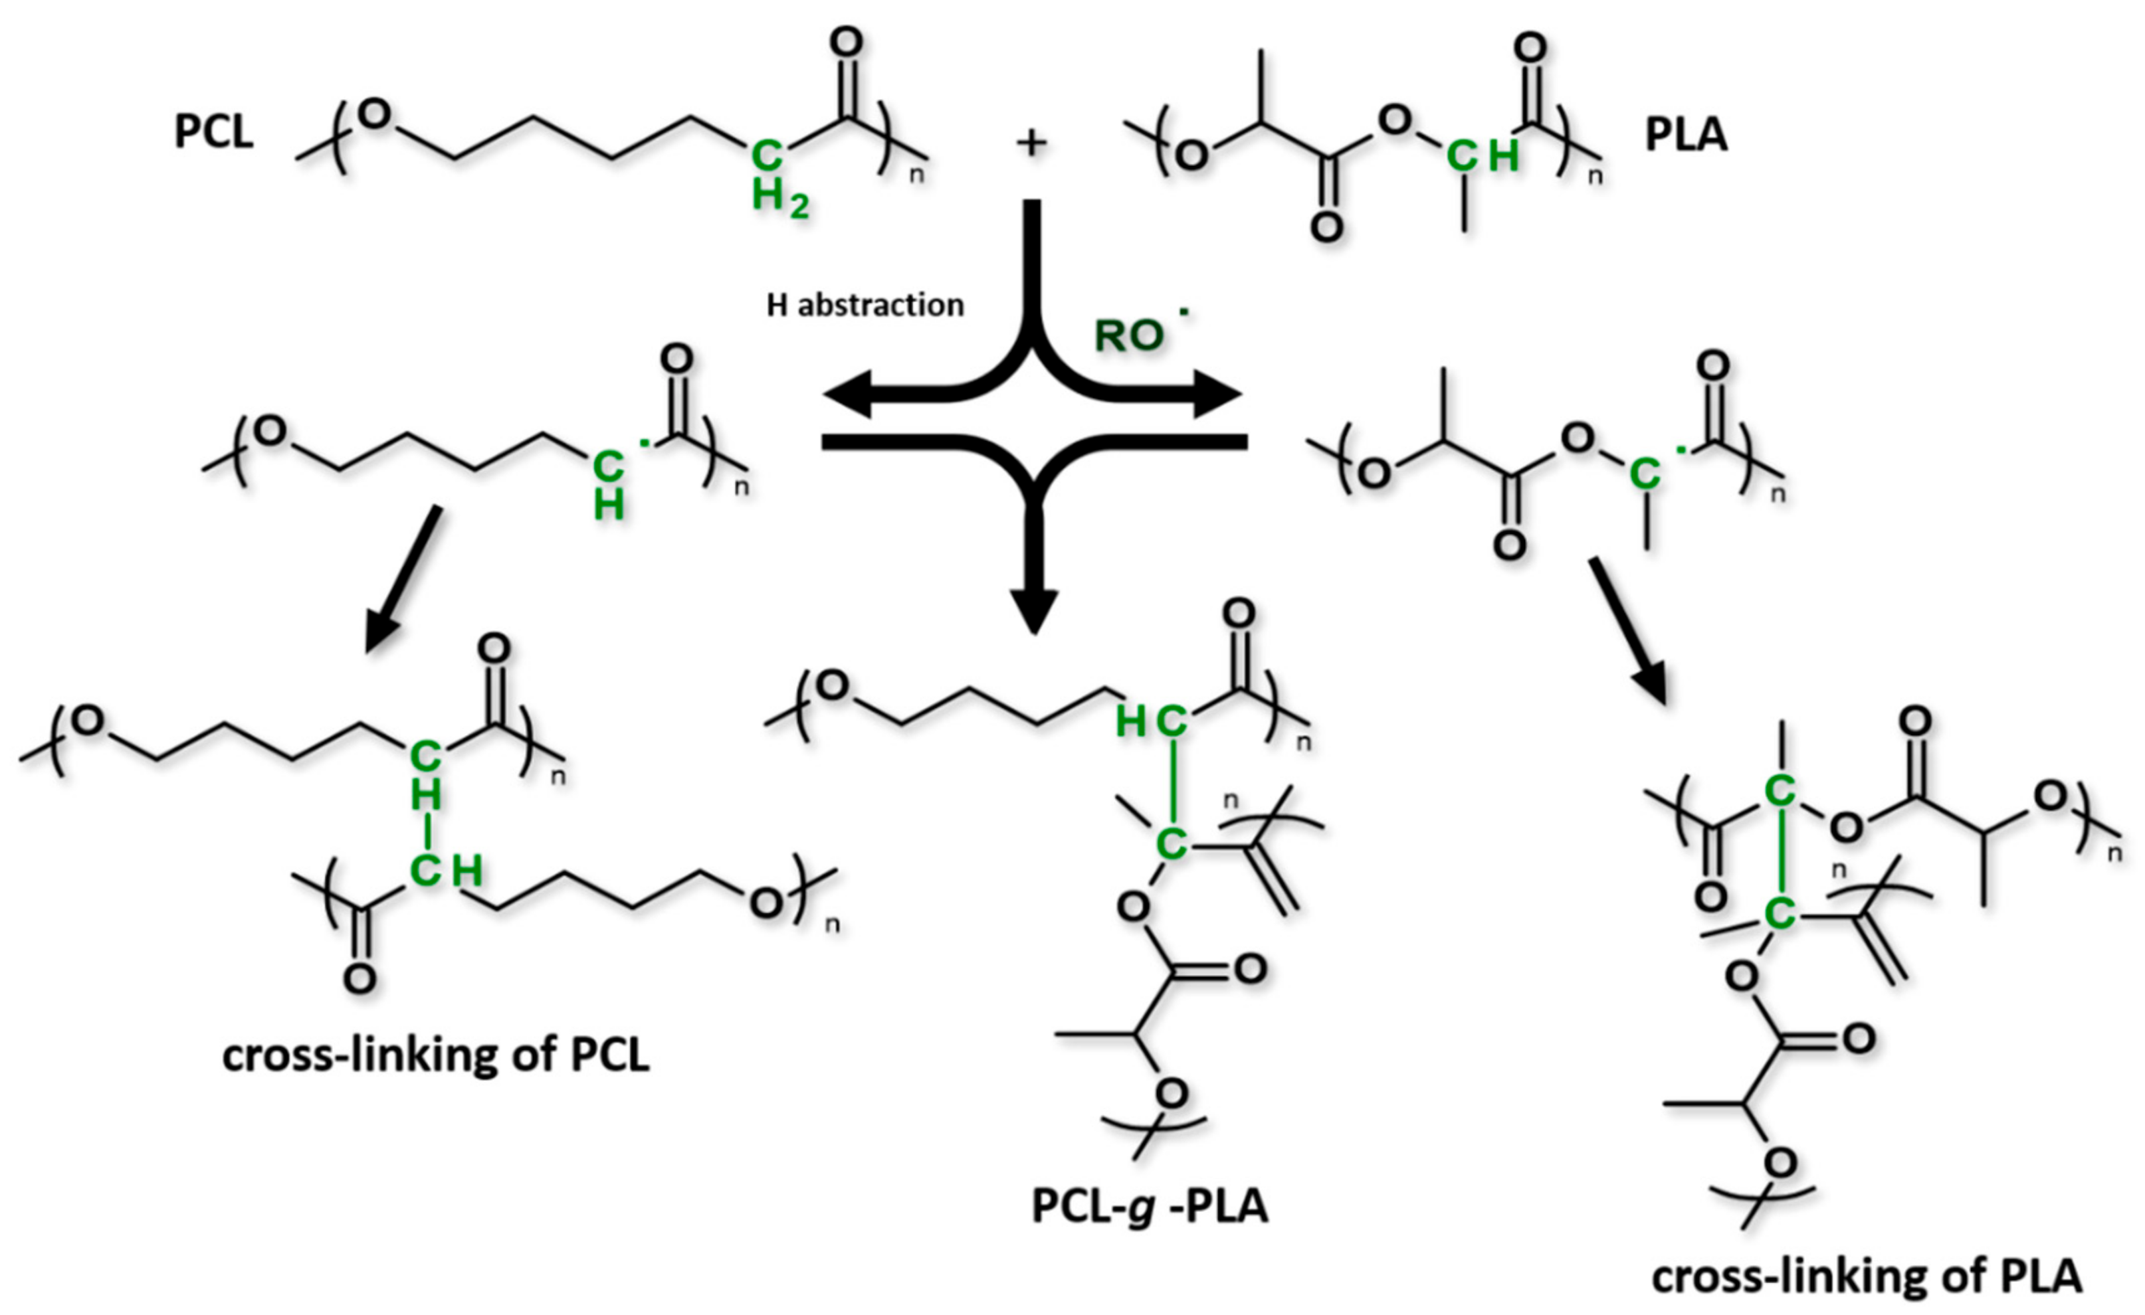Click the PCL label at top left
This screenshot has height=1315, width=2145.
pos(214,132)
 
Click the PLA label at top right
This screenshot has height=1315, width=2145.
pos(1685,135)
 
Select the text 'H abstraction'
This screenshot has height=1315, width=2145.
pos(865,306)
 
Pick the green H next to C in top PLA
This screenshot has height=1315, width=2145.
pos(1503,157)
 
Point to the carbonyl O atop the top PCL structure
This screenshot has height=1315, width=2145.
pos(846,41)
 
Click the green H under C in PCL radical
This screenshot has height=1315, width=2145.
pos(609,505)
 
